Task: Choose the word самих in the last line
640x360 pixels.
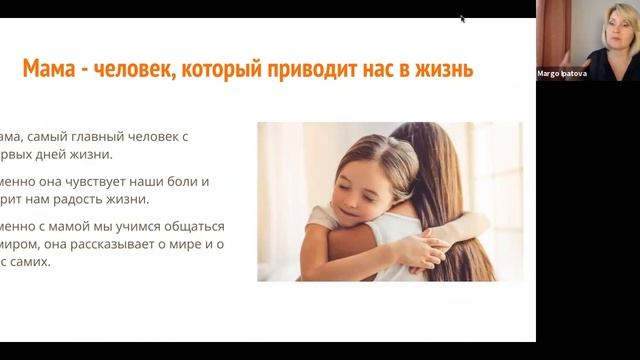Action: pyautogui.click(x=33, y=261)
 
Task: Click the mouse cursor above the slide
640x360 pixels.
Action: pyautogui.click(x=462, y=18)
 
